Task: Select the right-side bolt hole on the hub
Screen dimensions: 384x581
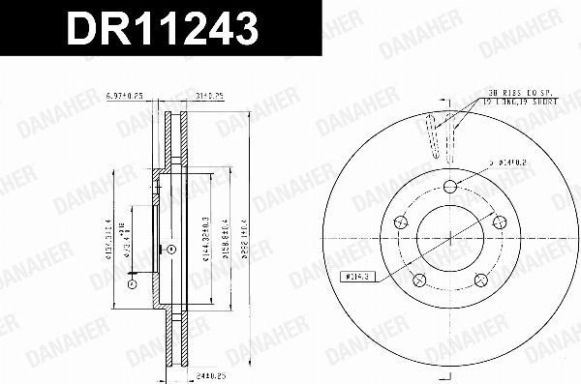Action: coord(500,222)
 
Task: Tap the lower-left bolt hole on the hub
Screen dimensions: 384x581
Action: coord(418,281)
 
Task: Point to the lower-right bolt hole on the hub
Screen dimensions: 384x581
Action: coord(480,281)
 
